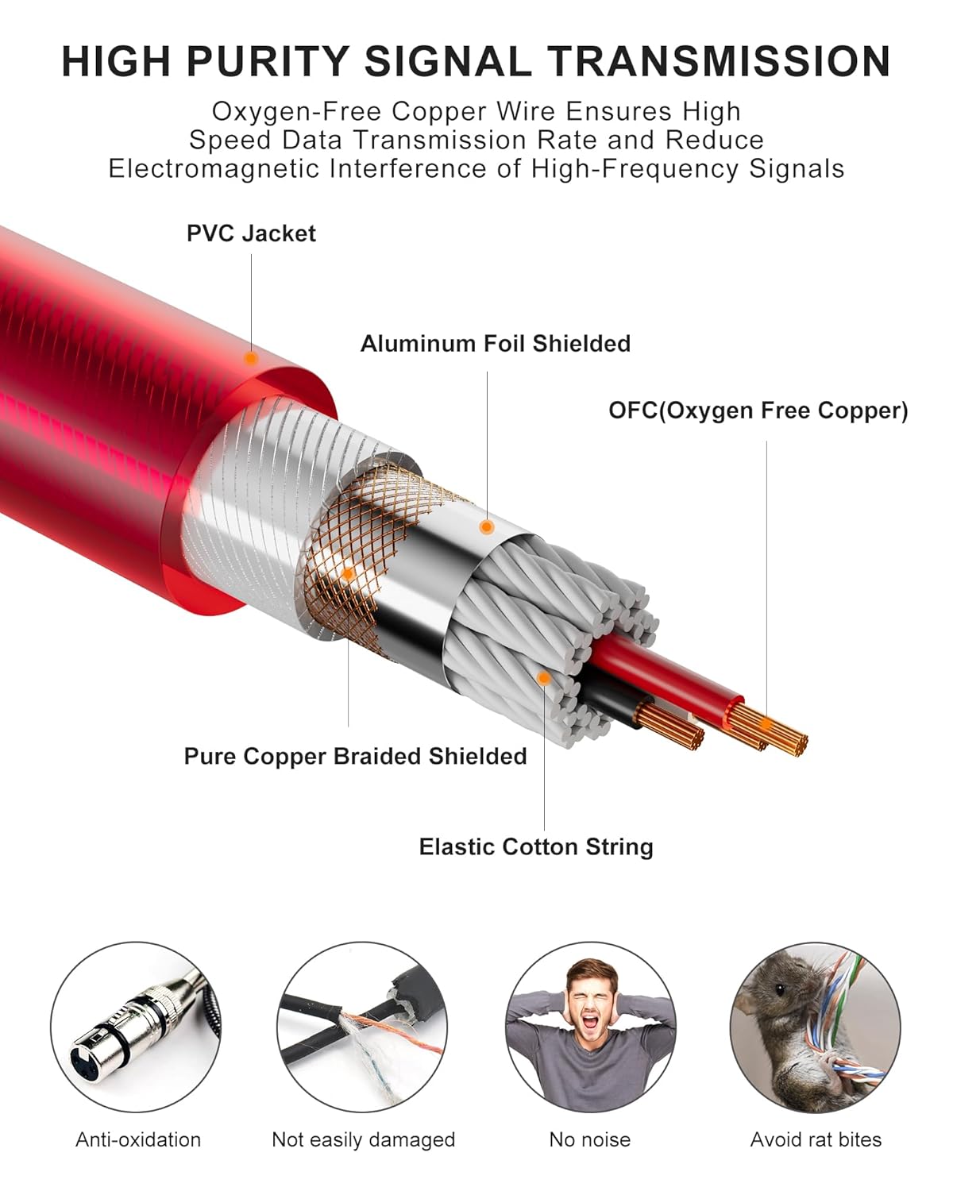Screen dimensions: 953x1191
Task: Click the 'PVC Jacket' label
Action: pyautogui.click(x=251, y=233)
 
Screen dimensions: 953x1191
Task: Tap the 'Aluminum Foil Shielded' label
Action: pyautogui.click(x=496, y=344)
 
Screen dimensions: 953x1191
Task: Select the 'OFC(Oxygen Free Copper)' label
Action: pyautogui.click(x=758, y=410)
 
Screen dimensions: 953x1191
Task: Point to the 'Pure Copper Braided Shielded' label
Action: pyautogui.click(x=356, y=756)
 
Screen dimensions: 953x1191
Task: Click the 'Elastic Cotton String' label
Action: pyautogui.click(x=536, y=846)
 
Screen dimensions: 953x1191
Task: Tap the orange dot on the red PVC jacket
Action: pyautogui.click(x=251, y=359)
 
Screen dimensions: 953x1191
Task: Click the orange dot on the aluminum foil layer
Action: pyautogui.click(x=487, y=527)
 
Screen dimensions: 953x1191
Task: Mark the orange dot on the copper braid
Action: pyautogui.click(x=349, y=574)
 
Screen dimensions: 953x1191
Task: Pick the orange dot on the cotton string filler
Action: pyautogui.click(x=544, y=678)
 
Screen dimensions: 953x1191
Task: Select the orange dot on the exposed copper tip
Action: pyautogui.click(x=766, y=724)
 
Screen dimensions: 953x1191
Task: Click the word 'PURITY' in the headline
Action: pyautogui.click(x=268, y=61)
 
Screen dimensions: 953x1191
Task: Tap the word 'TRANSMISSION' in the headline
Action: pyautogui.click(x=719, y=61)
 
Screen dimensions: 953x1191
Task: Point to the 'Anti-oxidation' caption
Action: pyautogui.click(x=138, y=1139)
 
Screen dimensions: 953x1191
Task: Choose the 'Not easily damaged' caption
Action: pyautogui.click(x=363, y=1139)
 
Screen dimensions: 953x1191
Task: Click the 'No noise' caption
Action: pyautogui.click(x=590, y=1139)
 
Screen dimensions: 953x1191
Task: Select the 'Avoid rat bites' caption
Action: pyautogui.click(x=816, y=1139)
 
